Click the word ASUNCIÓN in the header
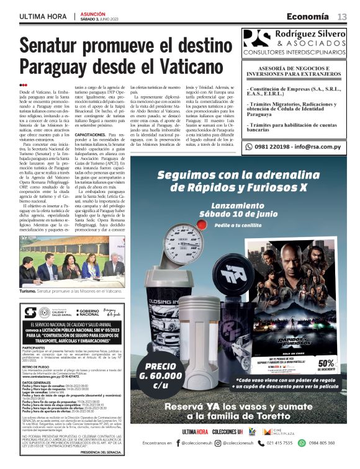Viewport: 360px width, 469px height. [x=93, y=12]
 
